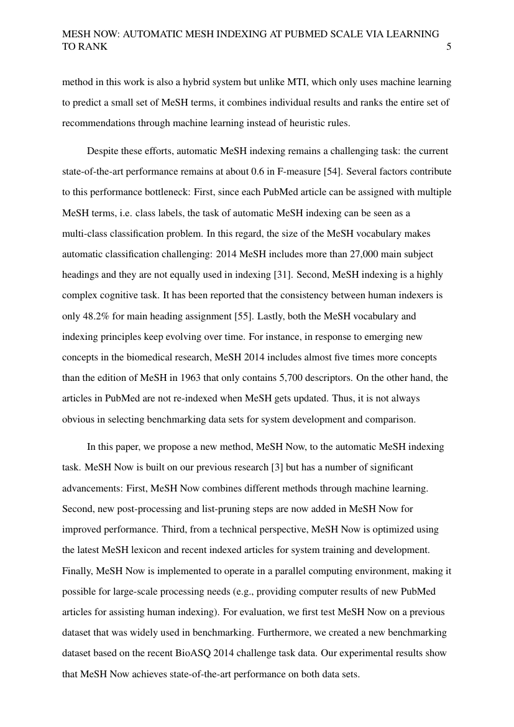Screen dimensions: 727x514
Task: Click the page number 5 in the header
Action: tap(449, 46)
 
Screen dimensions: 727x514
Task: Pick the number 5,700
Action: tap(253, 377)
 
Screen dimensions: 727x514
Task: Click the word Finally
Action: tap(76, 570)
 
